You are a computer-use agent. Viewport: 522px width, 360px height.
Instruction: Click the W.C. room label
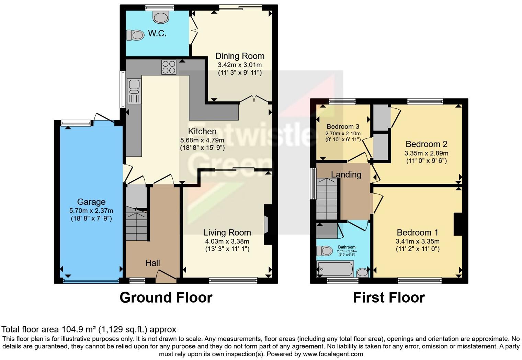[x=157, y=33]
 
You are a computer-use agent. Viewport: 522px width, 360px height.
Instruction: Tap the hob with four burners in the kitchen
[x=169, y=67]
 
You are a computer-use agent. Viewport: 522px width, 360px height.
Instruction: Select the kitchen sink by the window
[x=134, y=91]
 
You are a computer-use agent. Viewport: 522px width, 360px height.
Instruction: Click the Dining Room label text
[x=240, y=56]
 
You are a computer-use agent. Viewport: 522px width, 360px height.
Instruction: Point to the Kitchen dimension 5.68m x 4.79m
[x=202, y=140]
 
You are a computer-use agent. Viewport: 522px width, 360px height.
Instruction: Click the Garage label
[x=91, y=202]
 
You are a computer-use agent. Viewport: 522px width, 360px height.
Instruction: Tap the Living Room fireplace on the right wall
[x=267, y=225]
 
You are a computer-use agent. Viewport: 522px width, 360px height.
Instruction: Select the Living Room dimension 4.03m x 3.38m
[x=227, y=241]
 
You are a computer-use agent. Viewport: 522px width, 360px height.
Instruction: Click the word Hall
[x=152, y=263]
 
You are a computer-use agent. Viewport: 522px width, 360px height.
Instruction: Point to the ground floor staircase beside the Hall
[x=136, y=223]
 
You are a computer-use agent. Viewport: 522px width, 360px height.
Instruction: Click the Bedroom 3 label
[x=343, y=126]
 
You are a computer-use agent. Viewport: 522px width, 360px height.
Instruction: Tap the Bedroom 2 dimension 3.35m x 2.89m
[x=426, y=153]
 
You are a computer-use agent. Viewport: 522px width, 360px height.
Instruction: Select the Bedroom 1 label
[x=417, y=233]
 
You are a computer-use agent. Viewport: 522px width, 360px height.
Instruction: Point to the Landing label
[x=346, y=175]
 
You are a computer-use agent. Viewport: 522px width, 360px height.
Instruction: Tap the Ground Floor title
[x=166, y=297]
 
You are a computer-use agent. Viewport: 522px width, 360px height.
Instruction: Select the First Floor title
[x=389, y=297]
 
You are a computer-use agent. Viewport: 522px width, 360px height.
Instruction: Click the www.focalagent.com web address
[x=332, y=354]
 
